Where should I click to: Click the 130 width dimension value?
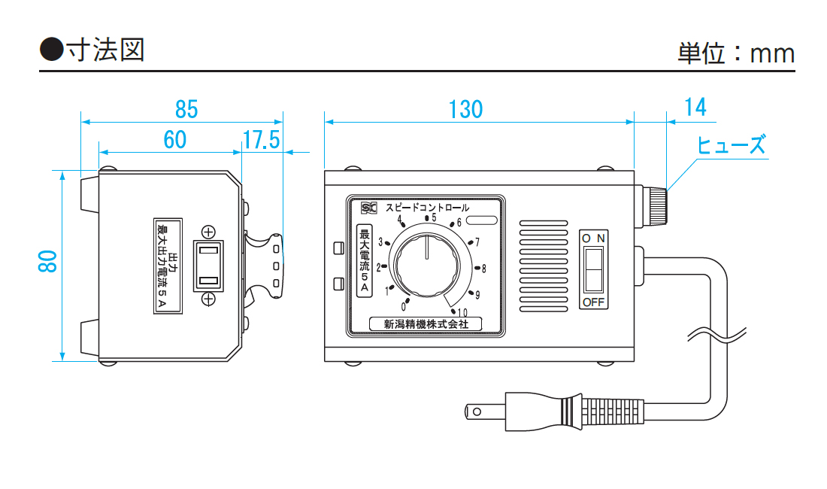[x=465, y=109]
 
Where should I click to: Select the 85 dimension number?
[x=186, y=109]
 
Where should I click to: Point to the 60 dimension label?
[x=174, y=140]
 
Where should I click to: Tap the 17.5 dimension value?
[x=261, y=140]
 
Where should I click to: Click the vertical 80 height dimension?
[x=47, y=261]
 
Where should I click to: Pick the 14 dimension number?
[x=695, y=107]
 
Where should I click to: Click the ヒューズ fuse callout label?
[x=731, y=144]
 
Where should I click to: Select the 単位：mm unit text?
[x=736, y=53]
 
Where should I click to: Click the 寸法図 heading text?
[x=105, y=50]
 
